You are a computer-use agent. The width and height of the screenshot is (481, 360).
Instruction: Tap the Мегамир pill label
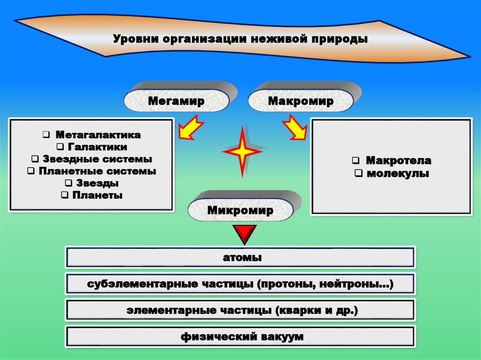(177, 101)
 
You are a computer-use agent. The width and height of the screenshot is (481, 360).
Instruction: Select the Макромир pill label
(301, 101)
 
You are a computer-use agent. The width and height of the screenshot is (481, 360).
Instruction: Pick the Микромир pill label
(240, 211)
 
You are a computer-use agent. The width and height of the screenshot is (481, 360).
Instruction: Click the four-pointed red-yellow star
(242, 152)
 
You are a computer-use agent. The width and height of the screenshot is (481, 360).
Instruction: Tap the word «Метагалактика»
(98, 135)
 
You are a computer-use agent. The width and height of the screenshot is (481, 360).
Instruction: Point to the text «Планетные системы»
(97, 171)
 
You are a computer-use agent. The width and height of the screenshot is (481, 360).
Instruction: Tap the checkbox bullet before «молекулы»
(358, 174)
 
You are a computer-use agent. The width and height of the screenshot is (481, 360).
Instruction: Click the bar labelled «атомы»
(240, 258)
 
